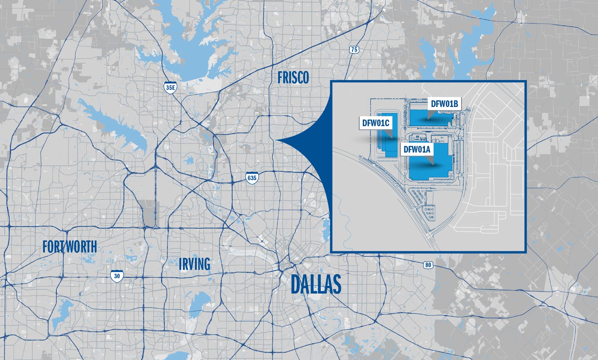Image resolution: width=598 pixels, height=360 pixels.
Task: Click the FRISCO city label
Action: point(293,77)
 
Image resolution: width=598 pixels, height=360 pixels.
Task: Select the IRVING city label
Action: point(194,264)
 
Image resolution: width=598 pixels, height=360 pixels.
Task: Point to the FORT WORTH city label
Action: point(69,247)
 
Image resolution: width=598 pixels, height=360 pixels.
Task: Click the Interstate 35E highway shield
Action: point(170,87)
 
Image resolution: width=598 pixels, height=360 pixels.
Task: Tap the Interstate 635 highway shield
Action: point(252,177)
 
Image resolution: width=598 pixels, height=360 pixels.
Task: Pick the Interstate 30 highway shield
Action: point(117,276)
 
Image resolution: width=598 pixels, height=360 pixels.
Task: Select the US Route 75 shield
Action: point(354,49)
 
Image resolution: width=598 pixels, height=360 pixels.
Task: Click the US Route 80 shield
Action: point(428,265)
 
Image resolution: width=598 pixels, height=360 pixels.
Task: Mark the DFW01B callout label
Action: point(444,104)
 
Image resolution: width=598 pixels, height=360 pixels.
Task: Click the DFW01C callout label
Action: point(375,123)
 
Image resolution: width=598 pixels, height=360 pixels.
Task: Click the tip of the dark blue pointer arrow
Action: point(277,141)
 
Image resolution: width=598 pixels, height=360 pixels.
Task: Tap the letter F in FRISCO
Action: point(280,77)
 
